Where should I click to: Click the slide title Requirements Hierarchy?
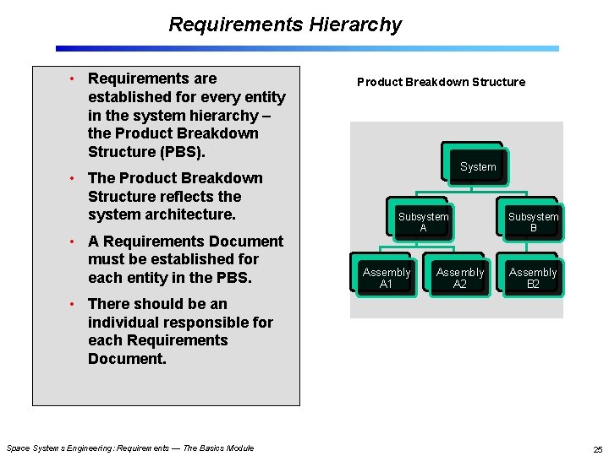(285, 24)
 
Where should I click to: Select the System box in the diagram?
(478, 166)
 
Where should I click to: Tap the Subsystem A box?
(423, 222)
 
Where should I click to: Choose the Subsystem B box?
(533, 222)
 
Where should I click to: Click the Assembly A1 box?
(386, 278)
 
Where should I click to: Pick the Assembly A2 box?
(460, 278)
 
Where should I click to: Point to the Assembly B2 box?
(533, 278)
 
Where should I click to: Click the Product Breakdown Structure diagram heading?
(441, 82)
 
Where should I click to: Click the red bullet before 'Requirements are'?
(74, 79)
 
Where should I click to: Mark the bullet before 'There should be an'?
(74, 304)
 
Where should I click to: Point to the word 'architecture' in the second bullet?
(193, 214)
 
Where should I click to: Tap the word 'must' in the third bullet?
(107, 259)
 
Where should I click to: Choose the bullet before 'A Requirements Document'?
(74, 242)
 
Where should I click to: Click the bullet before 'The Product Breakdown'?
(74, 178)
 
